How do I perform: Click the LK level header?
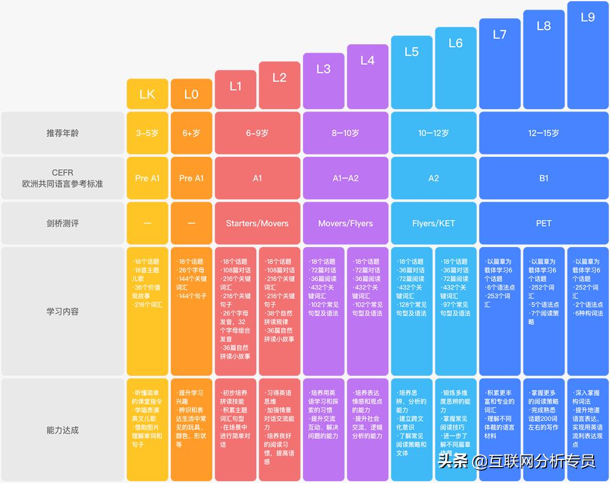click(x=147, y=94)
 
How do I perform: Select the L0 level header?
click(x=191, y=94)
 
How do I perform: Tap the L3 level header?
click(x=324, y=69)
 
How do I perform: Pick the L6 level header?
click(x=456, y=43)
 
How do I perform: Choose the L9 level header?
click(x=588, y=17)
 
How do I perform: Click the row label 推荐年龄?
click(x=62, y=133)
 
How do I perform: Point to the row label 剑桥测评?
click(x=62, y=224)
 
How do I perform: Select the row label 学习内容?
click(x=62, y=311)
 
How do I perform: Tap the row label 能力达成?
click(x=62, y=430)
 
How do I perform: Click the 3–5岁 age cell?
click(x=147, y=133)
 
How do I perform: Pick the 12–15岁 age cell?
click(x=543, y=133)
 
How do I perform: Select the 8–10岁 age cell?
click(x=345, y=133)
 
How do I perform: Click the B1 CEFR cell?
click(x=543, y=178)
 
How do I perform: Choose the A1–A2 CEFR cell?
click(x=345, y=178)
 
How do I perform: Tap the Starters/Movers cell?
click(x=258, y=224)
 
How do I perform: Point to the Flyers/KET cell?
click(x=433, y=224)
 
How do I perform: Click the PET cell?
click(x=543, y=224)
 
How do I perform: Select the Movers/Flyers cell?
click(x=345, y=224)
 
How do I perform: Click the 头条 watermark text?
click(x=453, y=461)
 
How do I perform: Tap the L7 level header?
click(x=500, y=34)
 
